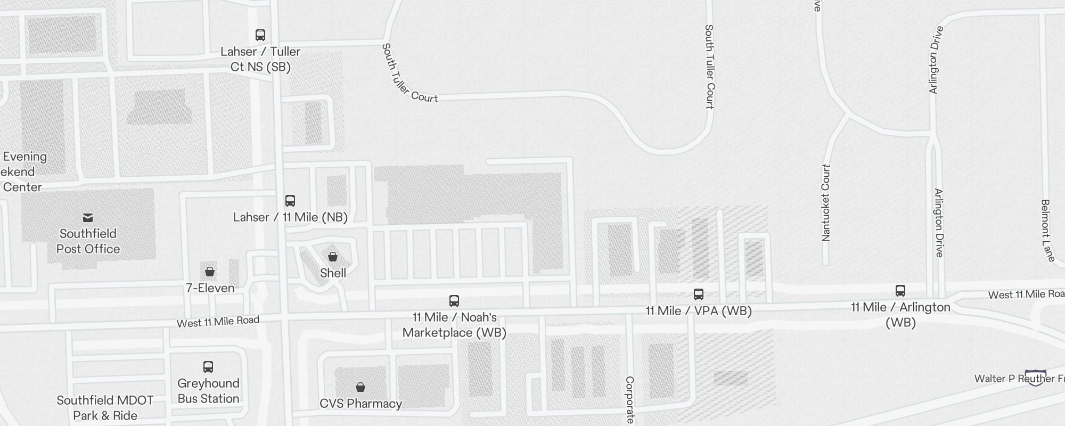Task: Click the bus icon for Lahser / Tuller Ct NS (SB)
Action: point(260,35)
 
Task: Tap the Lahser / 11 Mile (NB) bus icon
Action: point(290,201)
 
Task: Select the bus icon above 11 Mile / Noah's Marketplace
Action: point(454,301)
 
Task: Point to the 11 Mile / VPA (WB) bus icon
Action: point(699,294)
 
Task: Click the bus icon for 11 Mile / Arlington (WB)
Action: point(900,291)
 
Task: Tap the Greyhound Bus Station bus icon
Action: point(208,367)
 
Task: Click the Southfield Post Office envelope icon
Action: point(88,218)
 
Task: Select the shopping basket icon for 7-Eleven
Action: point(210,272)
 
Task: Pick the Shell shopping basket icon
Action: point(333,257)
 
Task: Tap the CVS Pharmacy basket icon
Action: point(361,387)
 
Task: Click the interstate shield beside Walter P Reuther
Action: point(1035,378)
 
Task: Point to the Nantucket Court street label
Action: point(826,202)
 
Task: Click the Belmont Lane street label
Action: point(1047,231)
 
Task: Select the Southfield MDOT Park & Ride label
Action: point(105,408)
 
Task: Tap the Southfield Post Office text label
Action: point(88,241)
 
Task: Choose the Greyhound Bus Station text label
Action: point(208,391)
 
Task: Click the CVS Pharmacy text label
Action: point(361,404)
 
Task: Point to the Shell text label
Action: point(333,273)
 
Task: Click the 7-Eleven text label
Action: point(210,288)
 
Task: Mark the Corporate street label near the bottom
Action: point(629,399)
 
